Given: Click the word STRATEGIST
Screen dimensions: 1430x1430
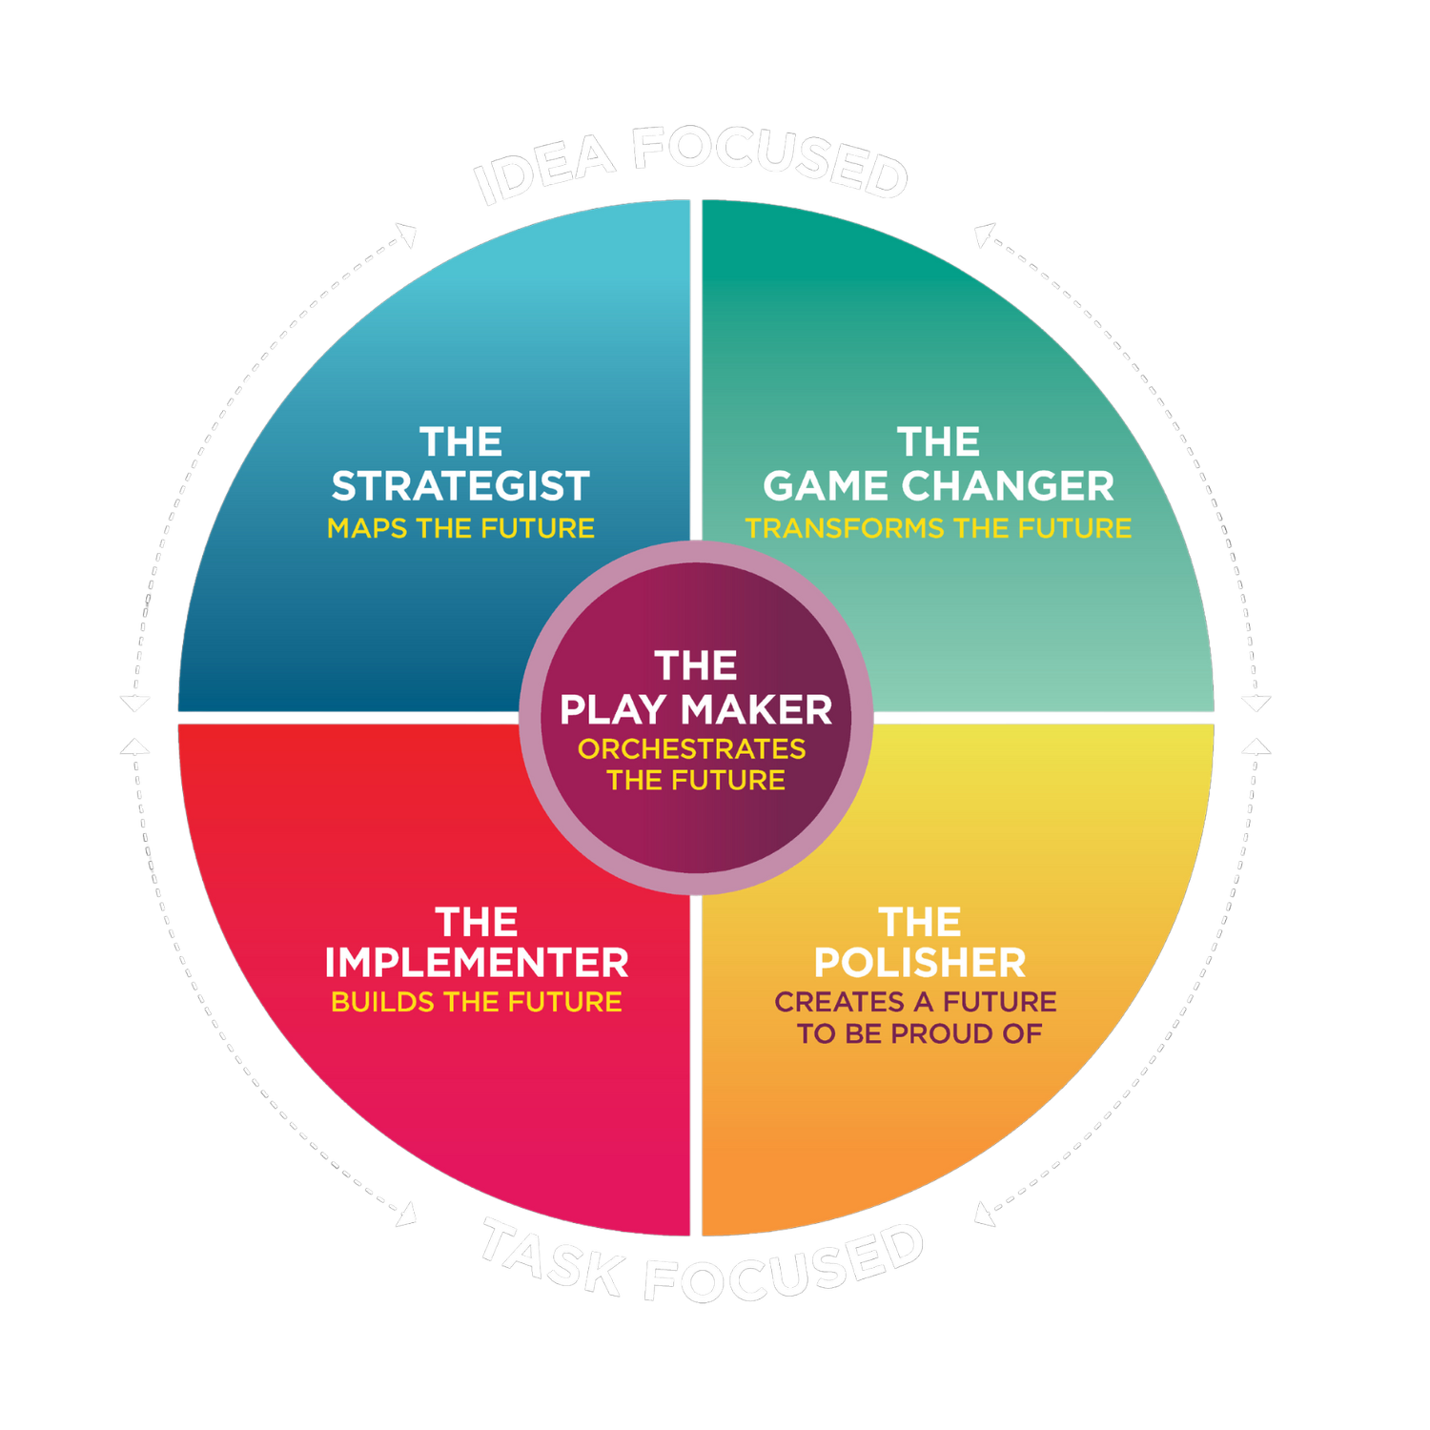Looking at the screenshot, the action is coord(460,486).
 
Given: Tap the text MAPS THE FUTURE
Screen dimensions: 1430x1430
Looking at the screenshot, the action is coord(460,528).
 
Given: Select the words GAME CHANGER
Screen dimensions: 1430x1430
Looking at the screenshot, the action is coord(938,486).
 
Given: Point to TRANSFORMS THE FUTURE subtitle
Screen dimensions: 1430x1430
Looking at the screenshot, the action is coord(938,528).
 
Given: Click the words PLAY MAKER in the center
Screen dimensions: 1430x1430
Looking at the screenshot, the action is coord(696,709).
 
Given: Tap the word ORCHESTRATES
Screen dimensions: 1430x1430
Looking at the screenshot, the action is coord(692,749).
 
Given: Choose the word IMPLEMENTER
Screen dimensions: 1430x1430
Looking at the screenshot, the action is coord(477,963).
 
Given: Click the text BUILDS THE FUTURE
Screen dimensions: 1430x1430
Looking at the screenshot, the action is coord(477,1002).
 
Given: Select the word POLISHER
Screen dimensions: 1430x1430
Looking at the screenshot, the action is coord(920,963).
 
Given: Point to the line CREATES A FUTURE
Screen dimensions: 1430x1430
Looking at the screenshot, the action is coord(915,1002).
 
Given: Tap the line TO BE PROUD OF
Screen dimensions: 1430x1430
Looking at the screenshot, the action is coord(920,1033).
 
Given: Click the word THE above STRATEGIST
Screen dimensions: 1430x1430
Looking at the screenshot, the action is coord(460,442).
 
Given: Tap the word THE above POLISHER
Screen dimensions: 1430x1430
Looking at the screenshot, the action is coord(920,922).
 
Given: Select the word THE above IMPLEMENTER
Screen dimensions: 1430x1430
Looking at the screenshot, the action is coord(477,922).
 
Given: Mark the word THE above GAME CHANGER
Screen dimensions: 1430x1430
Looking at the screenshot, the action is coord(938,442).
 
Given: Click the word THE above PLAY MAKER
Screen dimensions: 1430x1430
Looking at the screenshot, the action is coord(696,665).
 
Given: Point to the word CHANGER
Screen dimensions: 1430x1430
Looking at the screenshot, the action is coord(1008,486).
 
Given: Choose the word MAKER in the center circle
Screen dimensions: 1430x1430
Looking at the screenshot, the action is coord(756,709).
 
